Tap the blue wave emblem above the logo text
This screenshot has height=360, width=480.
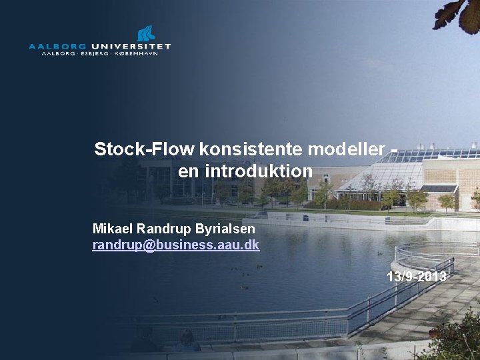[146, 33]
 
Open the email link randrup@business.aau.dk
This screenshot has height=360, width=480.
[176, 245]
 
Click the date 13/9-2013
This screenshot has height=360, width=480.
[417, 276]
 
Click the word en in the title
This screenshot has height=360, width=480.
[189, 171]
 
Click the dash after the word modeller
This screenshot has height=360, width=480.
[394, 149]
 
